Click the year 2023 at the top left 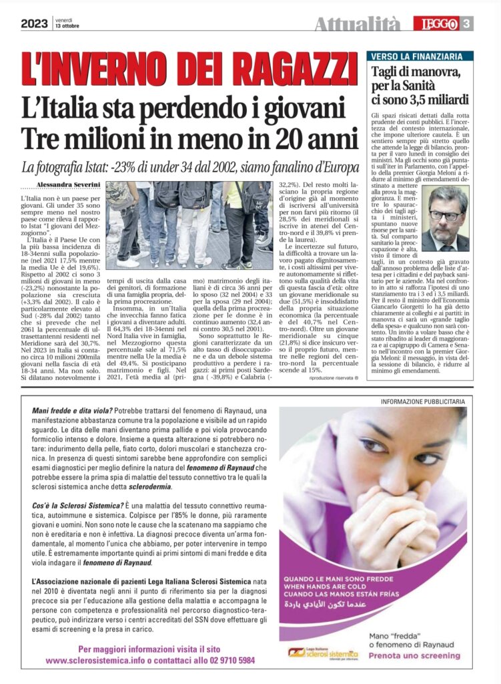pyautogui.click(x=33, y=24)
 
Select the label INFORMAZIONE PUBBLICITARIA pyautogui.click(x=422, y=401)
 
